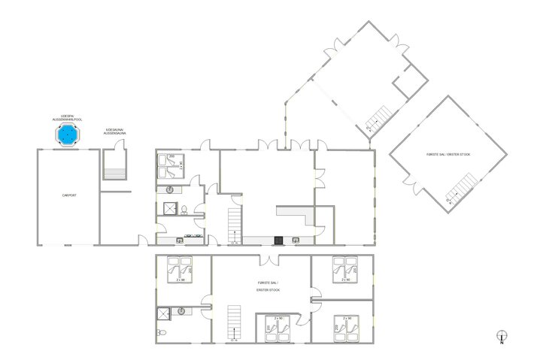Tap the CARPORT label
[x=68, y=195]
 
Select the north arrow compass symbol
[x=502, y=338]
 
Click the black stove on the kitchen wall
[x=278, y=241]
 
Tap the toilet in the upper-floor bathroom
[x=162, y=332]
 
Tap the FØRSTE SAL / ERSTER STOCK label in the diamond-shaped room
[x=449, y=154]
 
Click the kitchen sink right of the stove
[x=296, y=241]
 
